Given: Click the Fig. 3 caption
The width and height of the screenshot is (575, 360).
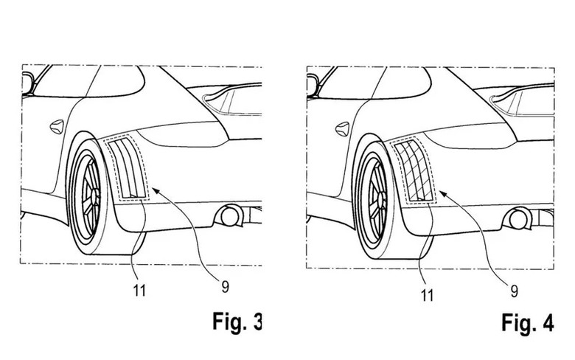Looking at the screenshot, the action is coord(237,322).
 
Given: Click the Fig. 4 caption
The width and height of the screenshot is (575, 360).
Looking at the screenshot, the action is coord(527,323).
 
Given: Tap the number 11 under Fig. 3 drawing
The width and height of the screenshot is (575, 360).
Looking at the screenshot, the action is coord(139,291).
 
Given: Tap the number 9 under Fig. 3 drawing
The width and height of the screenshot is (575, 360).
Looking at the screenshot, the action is coord(225,286).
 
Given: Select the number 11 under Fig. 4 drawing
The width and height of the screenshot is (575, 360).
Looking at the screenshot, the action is coord(427,295).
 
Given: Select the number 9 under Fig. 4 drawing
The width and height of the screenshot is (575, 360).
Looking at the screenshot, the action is coord(514,291).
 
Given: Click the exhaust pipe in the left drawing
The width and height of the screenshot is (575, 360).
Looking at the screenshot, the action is coord(230,216).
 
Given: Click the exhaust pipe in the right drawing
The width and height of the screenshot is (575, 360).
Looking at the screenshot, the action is coord(517,219).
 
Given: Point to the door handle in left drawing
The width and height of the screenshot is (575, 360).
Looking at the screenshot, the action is coord(57,127).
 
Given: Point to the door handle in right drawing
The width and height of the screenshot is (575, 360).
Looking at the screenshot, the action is coord(342,129).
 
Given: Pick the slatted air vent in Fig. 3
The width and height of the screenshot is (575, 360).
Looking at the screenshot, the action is coord(127,167).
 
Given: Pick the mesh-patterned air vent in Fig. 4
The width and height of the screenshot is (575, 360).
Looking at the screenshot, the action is coord(414,170).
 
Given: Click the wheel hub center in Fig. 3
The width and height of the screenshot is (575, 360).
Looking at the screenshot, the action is coord(95,193).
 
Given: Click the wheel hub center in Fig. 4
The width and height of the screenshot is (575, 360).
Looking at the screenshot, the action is coord(381,196).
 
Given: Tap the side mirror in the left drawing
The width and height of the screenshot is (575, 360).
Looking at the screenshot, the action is coord(28,83).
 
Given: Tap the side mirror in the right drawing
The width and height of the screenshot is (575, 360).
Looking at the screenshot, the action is coord(312,85).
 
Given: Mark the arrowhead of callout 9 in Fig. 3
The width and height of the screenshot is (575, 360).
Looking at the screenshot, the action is coord(155,190).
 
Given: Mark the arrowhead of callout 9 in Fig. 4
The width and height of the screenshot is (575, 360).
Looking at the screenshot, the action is coord(442,193).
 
